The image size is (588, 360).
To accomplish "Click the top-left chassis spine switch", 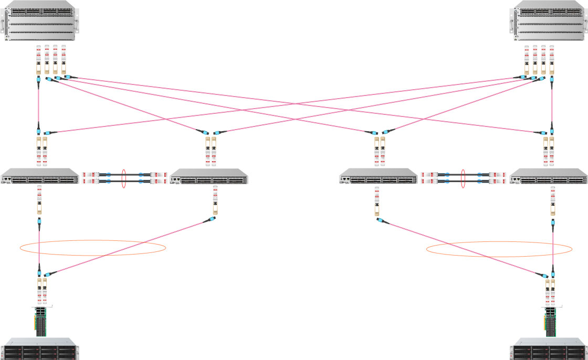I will pos(40,21).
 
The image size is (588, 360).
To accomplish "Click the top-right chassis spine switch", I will pos(548,21).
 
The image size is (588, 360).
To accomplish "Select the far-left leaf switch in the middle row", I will pos(39,176).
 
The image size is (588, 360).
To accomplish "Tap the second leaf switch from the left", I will pos(209,176).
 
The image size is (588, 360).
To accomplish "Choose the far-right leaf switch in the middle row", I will pos(548,176).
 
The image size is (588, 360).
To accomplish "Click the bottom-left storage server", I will pos(40,350).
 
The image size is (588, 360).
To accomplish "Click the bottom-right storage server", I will pos(548,350).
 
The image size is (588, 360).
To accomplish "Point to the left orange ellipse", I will pos(93,248).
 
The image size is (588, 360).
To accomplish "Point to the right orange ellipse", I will pos(499,249).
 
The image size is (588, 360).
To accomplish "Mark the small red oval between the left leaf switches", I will pos(124,178).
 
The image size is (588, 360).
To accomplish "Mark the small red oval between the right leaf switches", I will pos(464,178).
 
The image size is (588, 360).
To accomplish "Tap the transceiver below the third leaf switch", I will pos(376,202).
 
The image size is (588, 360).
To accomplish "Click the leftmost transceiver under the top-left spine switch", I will pos(38,60).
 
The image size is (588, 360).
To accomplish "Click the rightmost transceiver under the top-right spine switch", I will pos(552,60).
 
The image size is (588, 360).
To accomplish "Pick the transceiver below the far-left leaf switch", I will pos(39,202).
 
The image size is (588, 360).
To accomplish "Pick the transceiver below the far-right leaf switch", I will pos(551,202).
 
